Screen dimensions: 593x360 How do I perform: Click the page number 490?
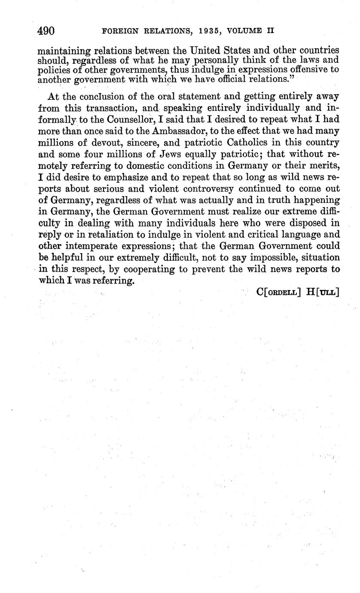(x=46, y=31)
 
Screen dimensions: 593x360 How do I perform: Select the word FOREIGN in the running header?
(x=115, y=31)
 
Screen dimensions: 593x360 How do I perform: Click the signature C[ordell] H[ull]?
(x=297, y=292)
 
